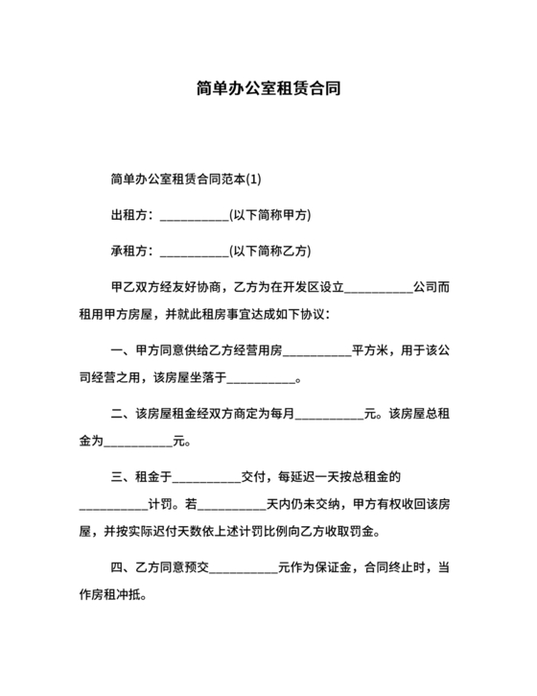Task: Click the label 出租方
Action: click(128, 215)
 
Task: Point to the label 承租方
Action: click(128, 252)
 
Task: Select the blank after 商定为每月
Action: click(331, 417)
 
